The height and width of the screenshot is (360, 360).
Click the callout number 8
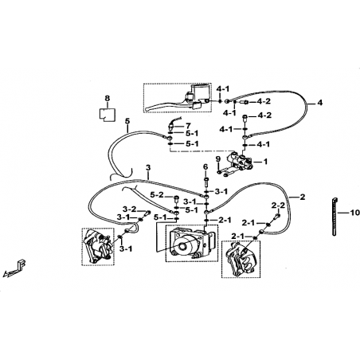[x=107, y=98]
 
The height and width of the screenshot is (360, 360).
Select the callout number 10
[x=354, y=213]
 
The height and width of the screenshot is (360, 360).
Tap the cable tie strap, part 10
[x=335, y=217]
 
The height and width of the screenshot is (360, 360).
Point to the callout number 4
[x=320, y=103]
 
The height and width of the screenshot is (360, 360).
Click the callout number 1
[x=265, y=162]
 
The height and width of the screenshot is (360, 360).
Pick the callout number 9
[x=218, y=159]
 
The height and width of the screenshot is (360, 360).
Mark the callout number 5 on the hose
[x=127, y=121]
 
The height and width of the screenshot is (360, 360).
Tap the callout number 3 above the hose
[x=148, y=167]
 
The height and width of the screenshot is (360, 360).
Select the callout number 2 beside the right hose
[x=303, y=197]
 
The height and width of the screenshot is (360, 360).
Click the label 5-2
[x=157, y=195]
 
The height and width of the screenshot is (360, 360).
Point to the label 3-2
[x=130, y=209]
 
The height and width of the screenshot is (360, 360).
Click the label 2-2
[x=278, y=205]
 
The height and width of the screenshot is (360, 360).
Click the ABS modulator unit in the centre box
[x=191, y=243]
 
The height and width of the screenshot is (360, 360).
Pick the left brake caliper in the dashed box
[x=97, y=247]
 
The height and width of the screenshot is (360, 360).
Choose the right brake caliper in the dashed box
[x=241, y=260]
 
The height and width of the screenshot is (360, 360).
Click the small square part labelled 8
[x=108, y=115]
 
